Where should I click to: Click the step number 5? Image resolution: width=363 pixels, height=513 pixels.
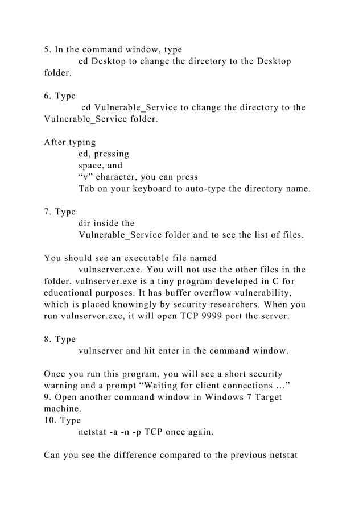tap(47, 49)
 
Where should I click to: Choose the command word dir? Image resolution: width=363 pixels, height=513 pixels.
tap(85, 224)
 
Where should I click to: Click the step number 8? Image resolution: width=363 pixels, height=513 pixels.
tap(47, 340)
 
